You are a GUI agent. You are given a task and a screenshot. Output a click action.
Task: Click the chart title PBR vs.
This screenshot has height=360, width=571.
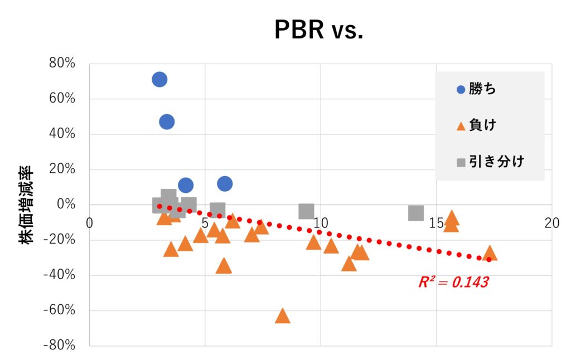[x=318, y=31]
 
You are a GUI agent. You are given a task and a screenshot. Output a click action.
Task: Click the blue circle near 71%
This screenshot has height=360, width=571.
[x=159, y=80]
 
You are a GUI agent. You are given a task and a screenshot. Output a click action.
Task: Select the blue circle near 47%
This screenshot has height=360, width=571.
[x=167, y=121]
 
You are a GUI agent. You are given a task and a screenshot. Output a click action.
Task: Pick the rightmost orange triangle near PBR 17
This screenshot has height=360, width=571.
[x=490, y=254]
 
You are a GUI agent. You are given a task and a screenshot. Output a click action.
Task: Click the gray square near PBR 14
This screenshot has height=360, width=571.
[x=416, y=213]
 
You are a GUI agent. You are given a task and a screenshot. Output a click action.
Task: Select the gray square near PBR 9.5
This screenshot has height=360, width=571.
[x=306, y=211]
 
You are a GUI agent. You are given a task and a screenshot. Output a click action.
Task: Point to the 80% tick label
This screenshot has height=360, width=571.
[x=62, y=64]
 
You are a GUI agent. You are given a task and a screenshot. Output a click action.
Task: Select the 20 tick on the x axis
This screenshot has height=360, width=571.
[x=551, y=223]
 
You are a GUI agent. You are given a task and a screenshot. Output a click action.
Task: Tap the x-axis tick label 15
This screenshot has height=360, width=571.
[x=437, y=223]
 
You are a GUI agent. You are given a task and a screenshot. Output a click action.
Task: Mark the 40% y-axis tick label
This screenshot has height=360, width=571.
[x=62, y=134]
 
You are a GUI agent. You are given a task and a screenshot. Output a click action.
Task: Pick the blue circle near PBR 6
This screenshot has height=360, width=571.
[x=225, y=183]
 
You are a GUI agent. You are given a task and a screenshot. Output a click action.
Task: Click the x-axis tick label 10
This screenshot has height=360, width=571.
[x=321, y=223]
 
